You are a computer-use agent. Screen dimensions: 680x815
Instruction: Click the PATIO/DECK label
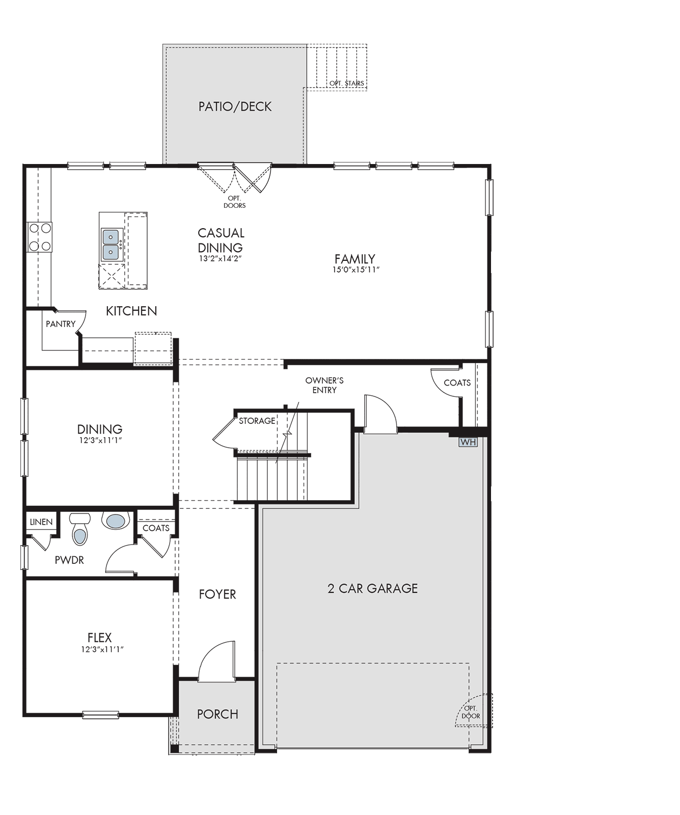coord(235,106)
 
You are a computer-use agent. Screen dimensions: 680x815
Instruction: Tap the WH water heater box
coord(468,442)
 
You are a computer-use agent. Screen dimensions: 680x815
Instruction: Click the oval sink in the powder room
coord(116,521)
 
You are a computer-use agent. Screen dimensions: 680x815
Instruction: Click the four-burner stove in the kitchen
coord(40,237)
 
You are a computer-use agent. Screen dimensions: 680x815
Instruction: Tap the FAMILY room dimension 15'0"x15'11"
coord(356,270)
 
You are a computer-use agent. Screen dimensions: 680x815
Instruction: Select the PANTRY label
coord(61,324)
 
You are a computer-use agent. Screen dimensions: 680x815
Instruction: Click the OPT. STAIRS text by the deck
coord(346,83)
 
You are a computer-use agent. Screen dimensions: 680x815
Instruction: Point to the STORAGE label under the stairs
coord(257,421)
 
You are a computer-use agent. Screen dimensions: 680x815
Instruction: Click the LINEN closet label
coord(41,522)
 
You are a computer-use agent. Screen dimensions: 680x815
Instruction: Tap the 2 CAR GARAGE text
coord(372,588)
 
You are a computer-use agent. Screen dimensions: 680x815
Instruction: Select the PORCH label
coord(217,714)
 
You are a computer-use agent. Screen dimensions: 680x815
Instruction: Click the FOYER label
coord(217,594)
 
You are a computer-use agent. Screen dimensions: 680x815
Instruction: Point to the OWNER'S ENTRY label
coord(324,385)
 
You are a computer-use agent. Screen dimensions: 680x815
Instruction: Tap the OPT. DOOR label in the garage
coord(471,712)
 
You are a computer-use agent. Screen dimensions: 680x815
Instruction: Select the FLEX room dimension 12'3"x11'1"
coord(102,649)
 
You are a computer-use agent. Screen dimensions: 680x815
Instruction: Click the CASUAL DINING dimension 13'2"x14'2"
coord(220,258)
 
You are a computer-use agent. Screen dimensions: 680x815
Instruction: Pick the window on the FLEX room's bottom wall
coord(101,715)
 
